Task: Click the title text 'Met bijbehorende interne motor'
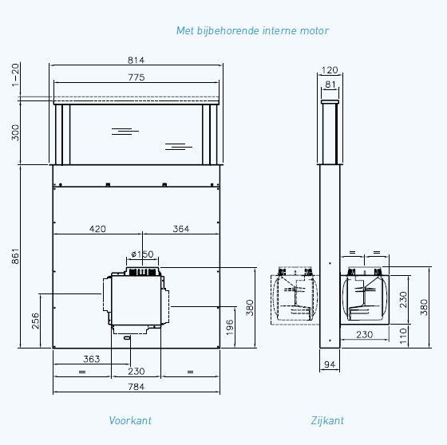252,30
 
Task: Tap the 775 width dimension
136,77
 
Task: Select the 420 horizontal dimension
97,229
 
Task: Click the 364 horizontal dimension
180,229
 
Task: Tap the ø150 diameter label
141,254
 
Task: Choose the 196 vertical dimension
230,327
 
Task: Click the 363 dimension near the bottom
91,359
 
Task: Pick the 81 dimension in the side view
330,85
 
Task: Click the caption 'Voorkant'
130,420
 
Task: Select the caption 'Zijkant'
328,420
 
